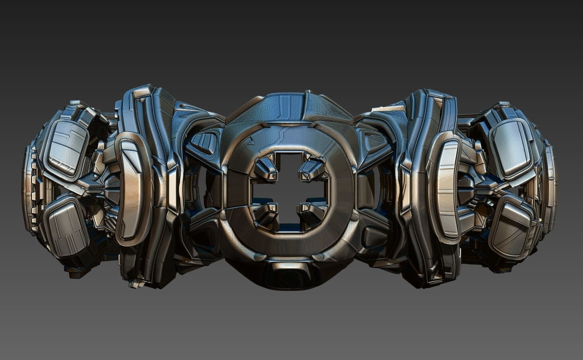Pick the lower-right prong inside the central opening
pyautogui.click(x=312, y=214)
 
